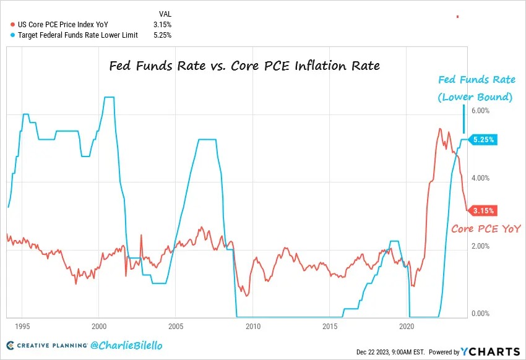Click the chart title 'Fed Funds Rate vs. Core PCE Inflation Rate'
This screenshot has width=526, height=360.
[x=244, y=65]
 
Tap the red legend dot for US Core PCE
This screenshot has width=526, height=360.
[x=13, y=24]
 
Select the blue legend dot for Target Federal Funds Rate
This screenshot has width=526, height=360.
[x=13, y=35]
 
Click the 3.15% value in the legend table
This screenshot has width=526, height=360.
[x=162, y=24]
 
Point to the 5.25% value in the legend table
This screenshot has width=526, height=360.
[x=162, y=35]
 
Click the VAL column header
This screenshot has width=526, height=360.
[x=165, y=13]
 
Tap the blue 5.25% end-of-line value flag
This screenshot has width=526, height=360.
[x=483, y=140]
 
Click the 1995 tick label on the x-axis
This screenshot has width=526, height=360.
[x=22, y=325]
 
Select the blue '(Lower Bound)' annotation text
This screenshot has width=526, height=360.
[x=475, y=97]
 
